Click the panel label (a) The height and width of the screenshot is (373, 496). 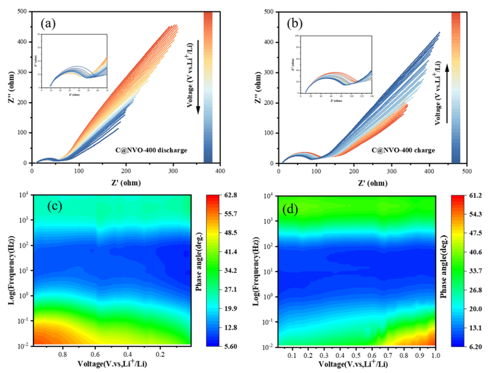tap(49, 24)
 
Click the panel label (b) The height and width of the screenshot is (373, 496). tap(295, 23)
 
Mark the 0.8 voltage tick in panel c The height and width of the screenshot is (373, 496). tap(63, 355)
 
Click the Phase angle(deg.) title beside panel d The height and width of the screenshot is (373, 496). tap(444, 270)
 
